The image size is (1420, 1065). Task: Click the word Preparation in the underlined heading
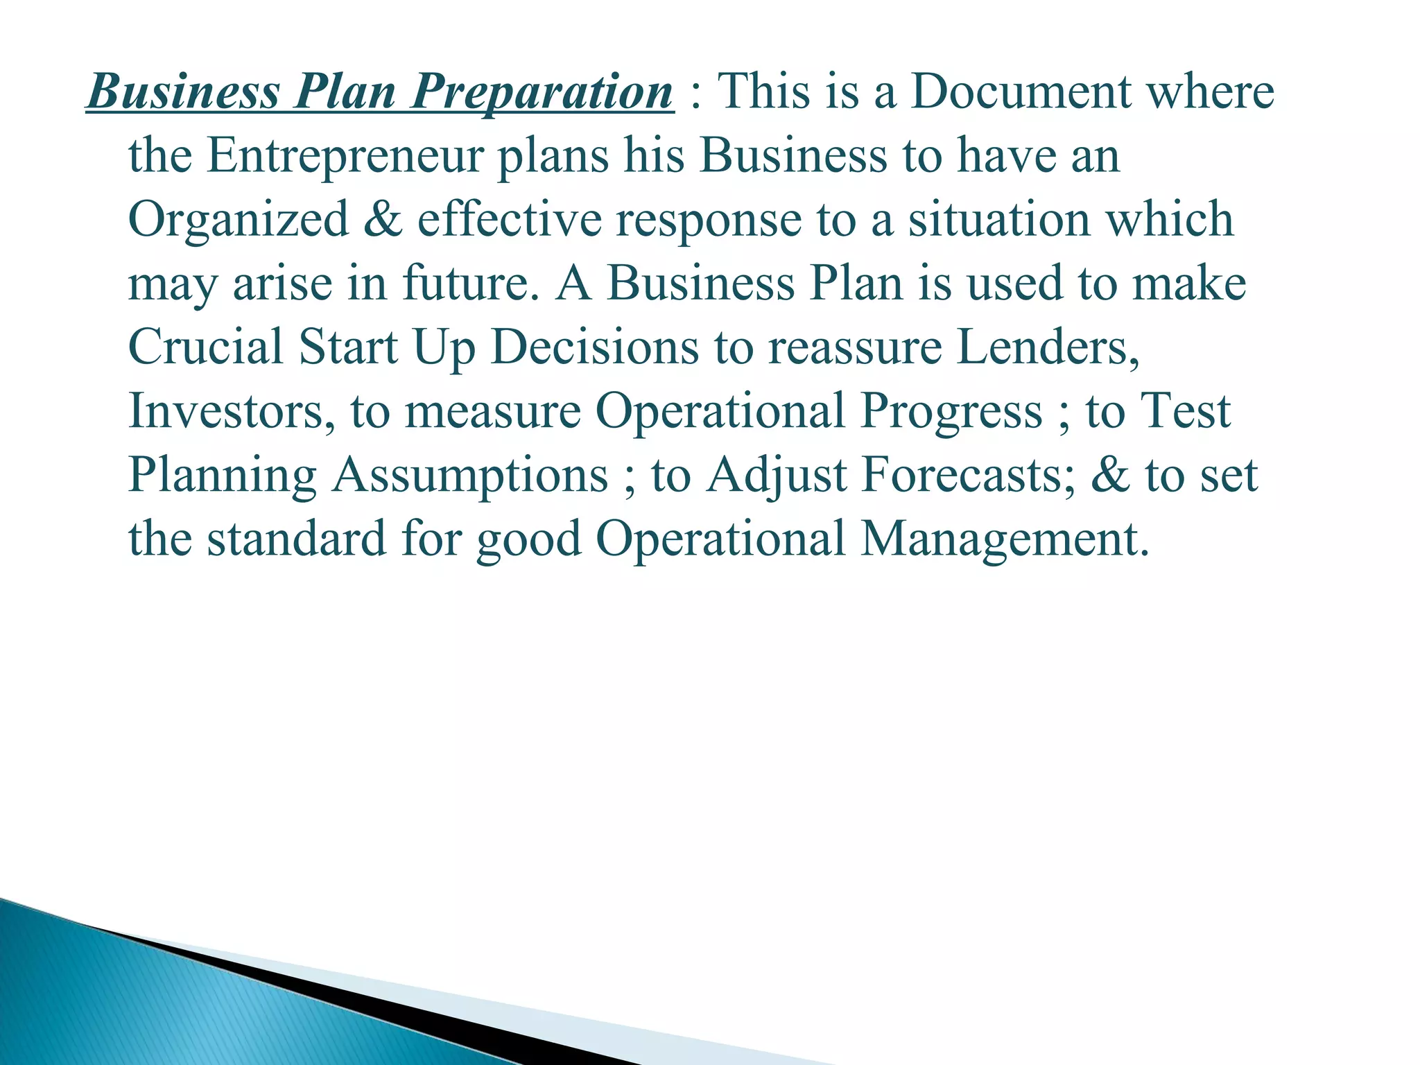(542, 92)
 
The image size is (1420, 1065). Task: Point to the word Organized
(239, 220)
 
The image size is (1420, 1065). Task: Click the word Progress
(951, 412)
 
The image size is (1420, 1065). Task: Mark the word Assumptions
(470, 476)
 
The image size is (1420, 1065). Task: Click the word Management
(1004, 539)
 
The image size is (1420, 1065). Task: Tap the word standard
(297, 539)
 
